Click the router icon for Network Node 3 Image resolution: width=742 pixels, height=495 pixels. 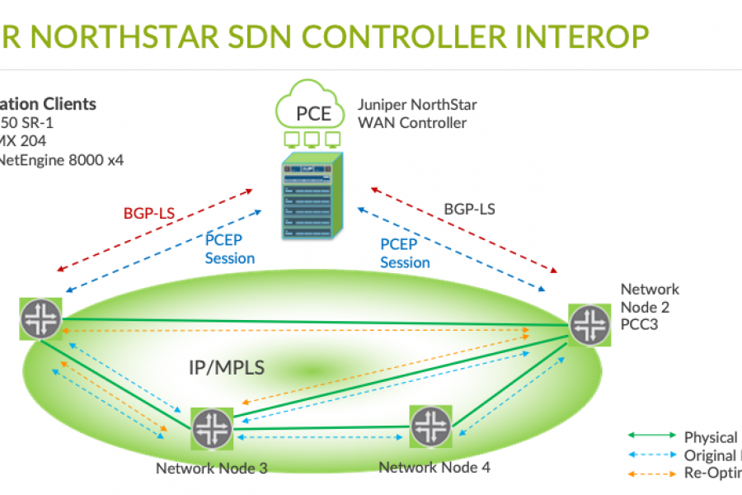214,429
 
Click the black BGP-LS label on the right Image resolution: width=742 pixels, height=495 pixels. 469,210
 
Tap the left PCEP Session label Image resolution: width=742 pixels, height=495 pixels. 229,248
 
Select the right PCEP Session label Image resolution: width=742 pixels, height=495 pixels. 405,252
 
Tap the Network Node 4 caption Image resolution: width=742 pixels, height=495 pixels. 434,467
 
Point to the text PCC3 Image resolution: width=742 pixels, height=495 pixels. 639,325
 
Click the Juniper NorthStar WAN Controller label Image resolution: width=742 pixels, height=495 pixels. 416,114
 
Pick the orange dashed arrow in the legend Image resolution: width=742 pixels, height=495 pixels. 651,474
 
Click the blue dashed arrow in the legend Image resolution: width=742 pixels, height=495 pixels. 651,455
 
